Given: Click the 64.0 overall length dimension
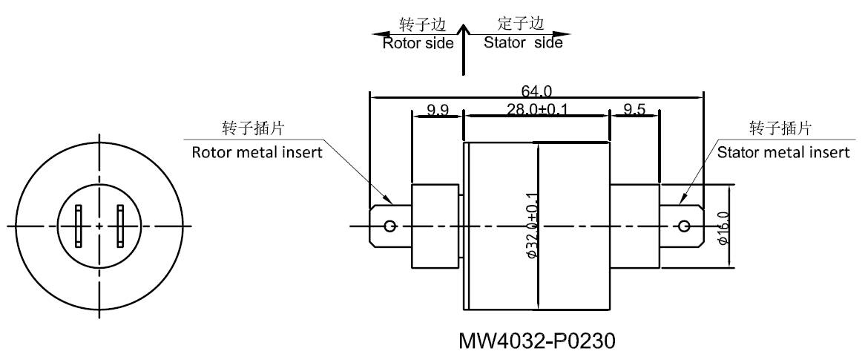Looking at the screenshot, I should click(536, 91).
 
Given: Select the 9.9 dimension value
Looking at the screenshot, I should click(437, 110).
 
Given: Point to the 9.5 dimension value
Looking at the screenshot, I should click(634, 110).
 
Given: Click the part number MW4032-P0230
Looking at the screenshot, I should click(537, 343).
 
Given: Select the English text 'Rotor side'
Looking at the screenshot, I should click(418, 43).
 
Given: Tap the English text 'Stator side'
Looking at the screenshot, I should click(522, 43).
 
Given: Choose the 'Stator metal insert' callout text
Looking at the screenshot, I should click(783, 152).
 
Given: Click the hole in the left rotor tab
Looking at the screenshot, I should click(391, 226).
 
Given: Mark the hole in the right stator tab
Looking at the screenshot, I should click(683, 226).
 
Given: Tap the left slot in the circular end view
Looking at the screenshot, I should click(79, 226).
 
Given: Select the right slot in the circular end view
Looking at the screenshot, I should click(119, 226).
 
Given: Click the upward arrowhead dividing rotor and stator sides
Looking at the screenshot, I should click(464, 30).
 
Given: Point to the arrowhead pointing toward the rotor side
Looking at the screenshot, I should click(379, 34).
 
